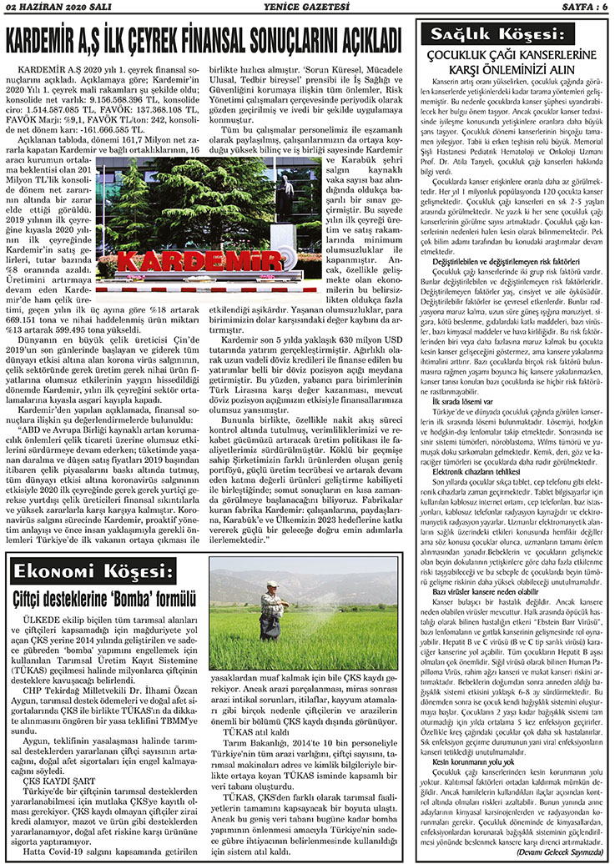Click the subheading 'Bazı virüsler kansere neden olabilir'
pos(491,591)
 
